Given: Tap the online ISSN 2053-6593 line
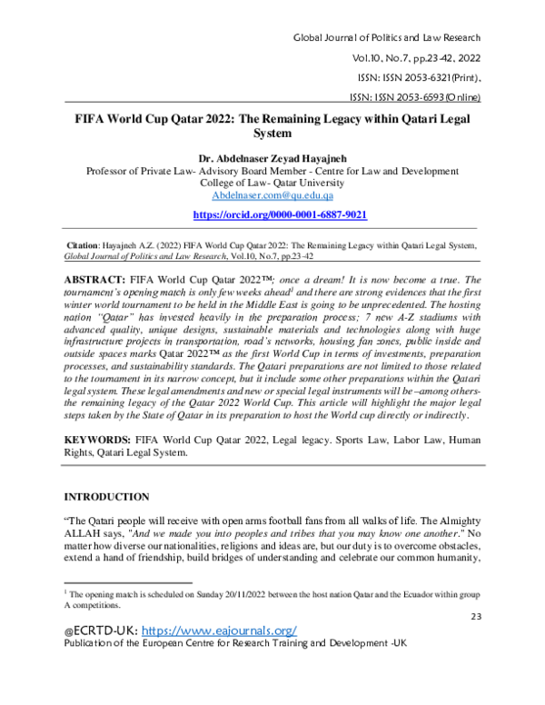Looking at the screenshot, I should coord(414,96).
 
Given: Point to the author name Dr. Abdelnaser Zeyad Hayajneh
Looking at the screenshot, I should coord(272,157).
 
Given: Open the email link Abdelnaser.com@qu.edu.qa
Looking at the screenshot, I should coord(272,194).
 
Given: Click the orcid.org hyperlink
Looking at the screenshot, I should coord(272,214).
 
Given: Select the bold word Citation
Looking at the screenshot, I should coord(92,245).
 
